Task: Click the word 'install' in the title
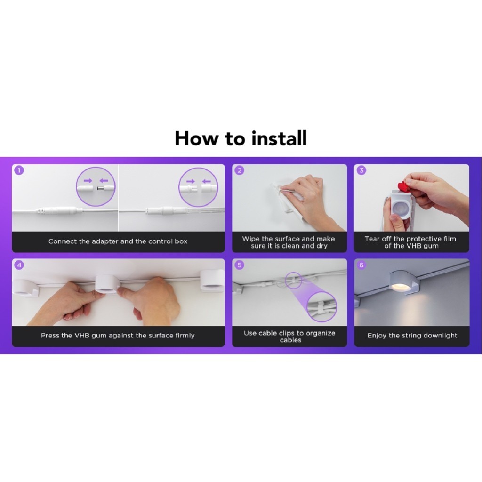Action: click(279, 138)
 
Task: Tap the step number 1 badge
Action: click(19, 170)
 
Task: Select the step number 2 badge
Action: click(240, 170)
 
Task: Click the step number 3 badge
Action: click(361, 170)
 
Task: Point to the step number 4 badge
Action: click(19, 265)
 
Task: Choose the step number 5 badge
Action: click(240, 265)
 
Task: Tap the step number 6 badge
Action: click(361, 265)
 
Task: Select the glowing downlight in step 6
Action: click(400, 282)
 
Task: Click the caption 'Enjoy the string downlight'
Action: click(412, 335)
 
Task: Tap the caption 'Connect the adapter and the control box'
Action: click(118, 241)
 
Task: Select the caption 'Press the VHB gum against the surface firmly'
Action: click(118, 335)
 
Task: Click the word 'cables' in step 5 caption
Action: click(290, 340)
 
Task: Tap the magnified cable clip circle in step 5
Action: click(321, 306)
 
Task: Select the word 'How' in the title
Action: click(198, 138)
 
